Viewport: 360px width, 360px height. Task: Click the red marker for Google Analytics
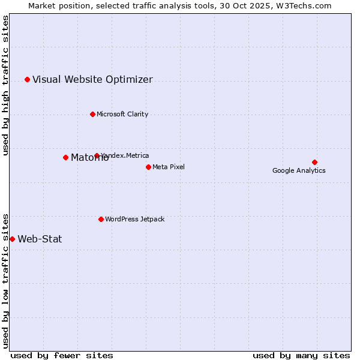(x=314, y=162)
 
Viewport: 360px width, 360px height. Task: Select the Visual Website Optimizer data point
(x=27, y=79)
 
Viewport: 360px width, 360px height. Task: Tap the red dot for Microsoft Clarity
(x=92, y=114)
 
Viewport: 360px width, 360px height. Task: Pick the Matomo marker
(x=65, y=157)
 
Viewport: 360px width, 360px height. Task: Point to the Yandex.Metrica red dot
(x=97, y=155)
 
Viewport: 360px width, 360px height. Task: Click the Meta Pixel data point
(x=148, y=167)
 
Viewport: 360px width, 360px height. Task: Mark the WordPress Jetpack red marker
(x=101, y=219)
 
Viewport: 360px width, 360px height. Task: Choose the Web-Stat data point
(x=12, y=239)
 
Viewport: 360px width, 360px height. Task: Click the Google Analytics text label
(x=299, y=170)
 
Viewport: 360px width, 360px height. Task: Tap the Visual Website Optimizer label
(x=92, y=79)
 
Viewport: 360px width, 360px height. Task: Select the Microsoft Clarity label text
(x=122, y=114)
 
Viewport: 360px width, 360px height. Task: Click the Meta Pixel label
(x=169, y=167)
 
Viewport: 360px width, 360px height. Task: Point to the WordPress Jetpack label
(x=134, y=219)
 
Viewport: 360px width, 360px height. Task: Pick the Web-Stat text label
(x=40, y=239)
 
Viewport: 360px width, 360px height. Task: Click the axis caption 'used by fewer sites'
(x=62, y=355)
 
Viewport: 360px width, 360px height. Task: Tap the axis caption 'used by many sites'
(x=301, y=355)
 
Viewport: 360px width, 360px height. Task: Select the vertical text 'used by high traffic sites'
(x=5, y=85)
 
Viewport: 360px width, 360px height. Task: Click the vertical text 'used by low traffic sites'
(x=5, y=280)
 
